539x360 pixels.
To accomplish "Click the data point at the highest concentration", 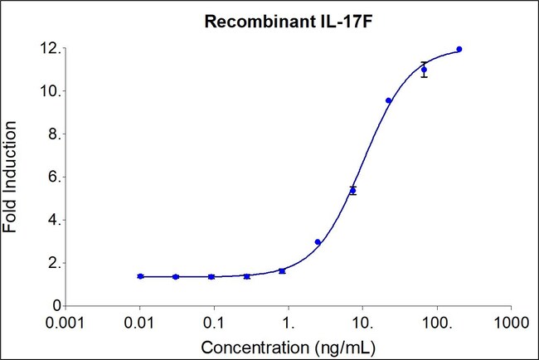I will (459, 49).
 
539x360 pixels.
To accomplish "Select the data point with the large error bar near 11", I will (424, 70).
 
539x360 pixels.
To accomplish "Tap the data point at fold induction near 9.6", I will (388, 100).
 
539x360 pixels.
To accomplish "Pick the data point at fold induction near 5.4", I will (352, 190).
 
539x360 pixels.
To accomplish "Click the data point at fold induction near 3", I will (318, 242).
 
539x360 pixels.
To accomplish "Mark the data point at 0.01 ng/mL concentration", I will (141, 276).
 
